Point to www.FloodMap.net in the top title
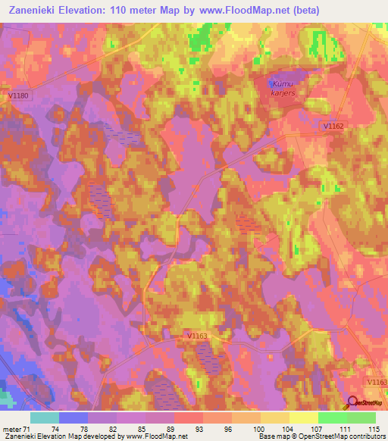click(x=241, y=11)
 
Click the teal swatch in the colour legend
click(x=45, y=418)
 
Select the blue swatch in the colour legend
click(x=74, y=418)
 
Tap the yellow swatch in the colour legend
click(x=303, y=418)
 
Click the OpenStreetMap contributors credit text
click(x=345, y=436)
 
